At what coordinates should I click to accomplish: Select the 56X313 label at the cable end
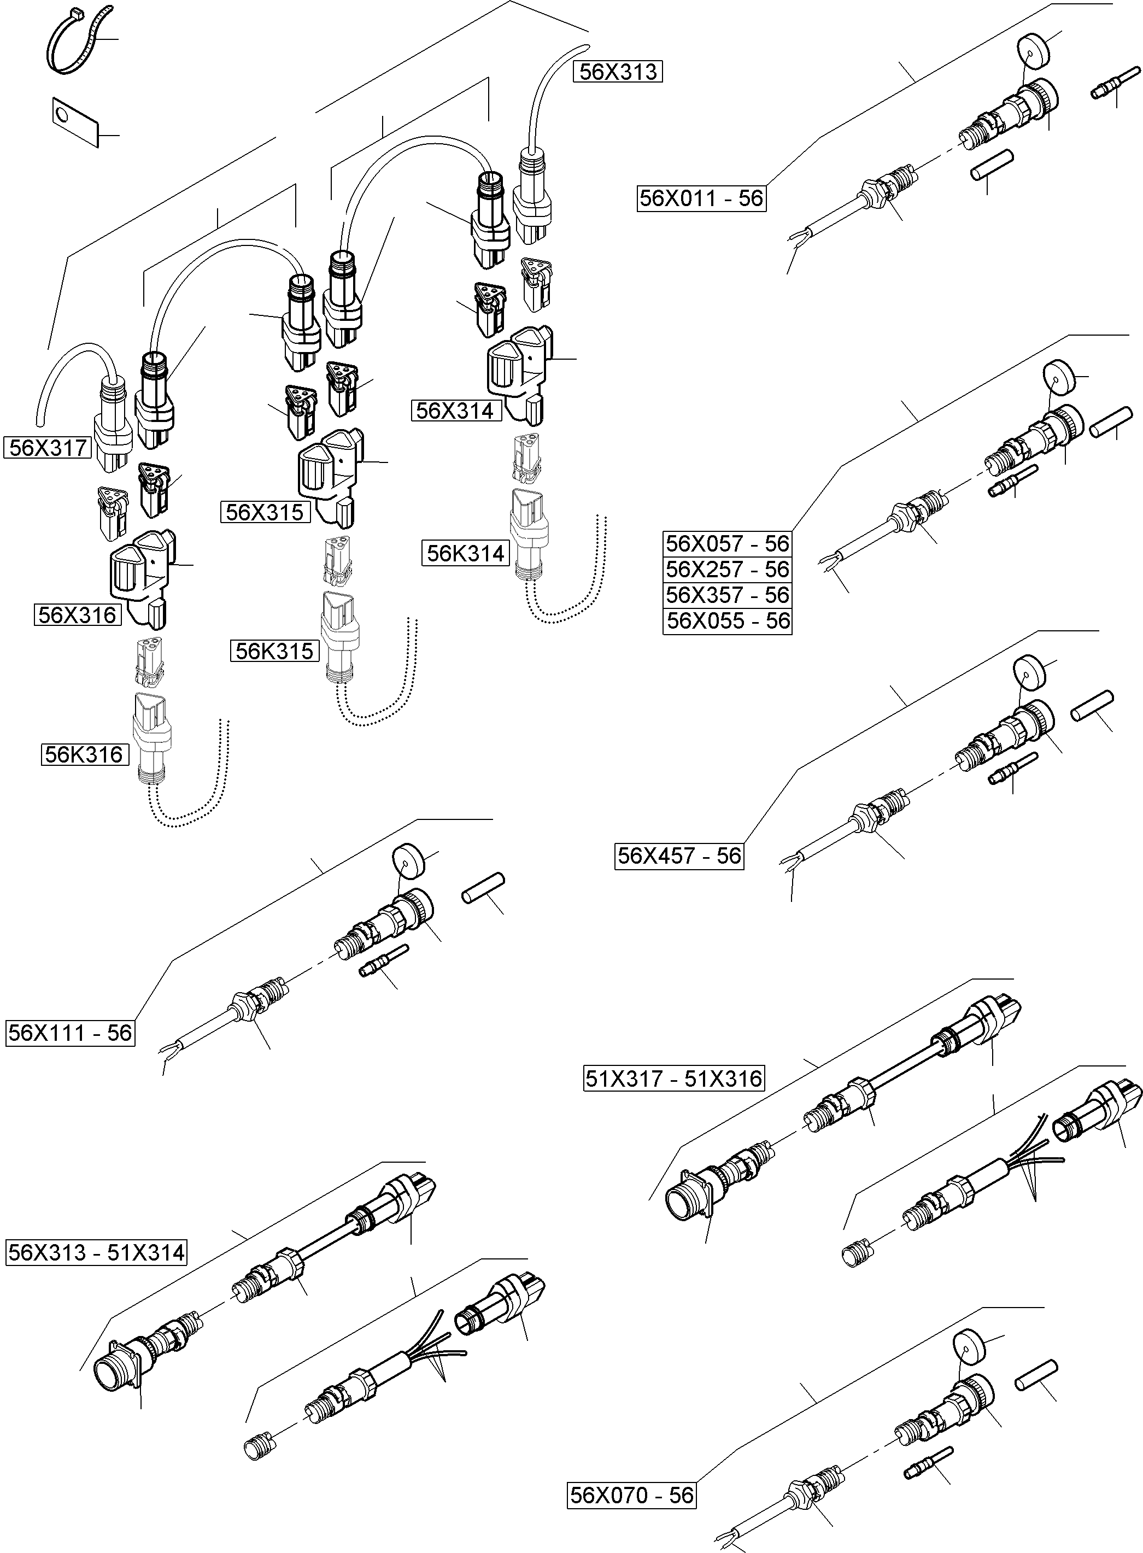[617, 72]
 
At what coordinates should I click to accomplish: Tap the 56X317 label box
[48, 448]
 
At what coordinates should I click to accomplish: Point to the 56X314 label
[455, 410]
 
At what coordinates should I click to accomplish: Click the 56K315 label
[274, 651]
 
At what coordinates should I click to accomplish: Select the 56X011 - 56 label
[701, 198]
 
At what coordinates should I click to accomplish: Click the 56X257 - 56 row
[726, 569]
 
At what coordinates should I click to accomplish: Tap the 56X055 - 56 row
[726, 620]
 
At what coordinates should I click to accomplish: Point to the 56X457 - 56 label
[679, 855]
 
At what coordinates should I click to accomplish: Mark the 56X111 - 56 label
[69, 1033]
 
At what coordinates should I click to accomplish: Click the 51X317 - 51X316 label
[674, 1079]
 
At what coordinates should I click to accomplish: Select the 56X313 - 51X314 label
[97, 1252]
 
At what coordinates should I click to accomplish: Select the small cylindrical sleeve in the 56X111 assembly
[483, 888]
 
